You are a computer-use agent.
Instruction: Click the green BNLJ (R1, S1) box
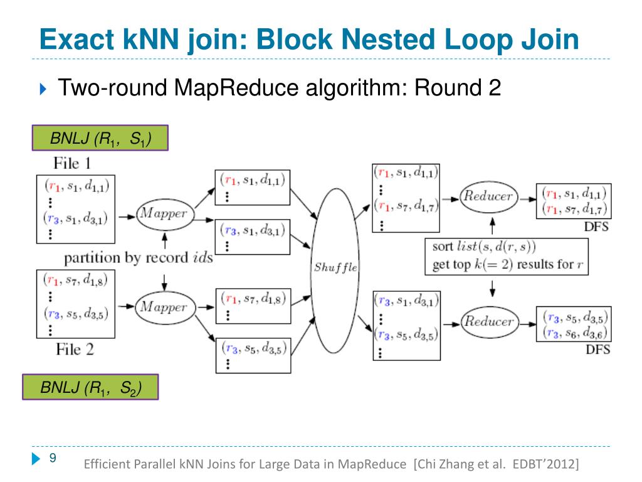click(x=100, y=139)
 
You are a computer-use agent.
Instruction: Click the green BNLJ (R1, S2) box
click(x=90, y=388)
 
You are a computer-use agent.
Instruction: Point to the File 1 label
click(x=72, y=164)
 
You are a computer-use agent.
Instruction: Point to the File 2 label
click(x=75, y=350)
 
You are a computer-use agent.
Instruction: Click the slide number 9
click(x=53, y=458)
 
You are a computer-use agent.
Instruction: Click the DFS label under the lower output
click(x=597, y=350)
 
